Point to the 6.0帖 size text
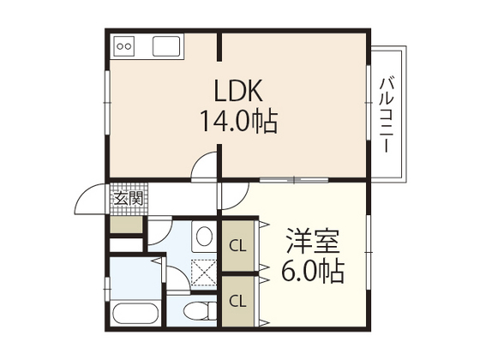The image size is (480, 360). coord(314,272)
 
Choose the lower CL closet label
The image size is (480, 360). coord(237,300)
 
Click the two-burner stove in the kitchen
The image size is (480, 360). coord(125,45)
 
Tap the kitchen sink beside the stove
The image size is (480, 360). coord(164,45)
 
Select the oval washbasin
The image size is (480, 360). coord(203,236)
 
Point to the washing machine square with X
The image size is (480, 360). coord(204,273)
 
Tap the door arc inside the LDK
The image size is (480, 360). coord(207,168)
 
